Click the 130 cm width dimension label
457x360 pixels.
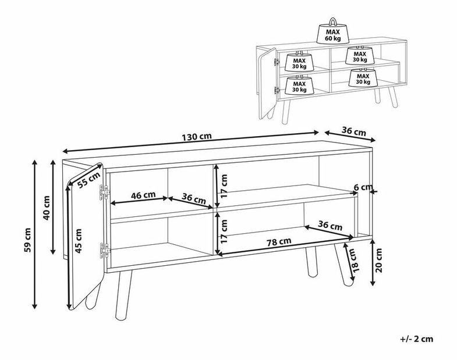click(x=197, y=137)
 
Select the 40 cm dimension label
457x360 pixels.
click(x=47, y=208)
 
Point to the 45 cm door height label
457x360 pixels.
click(x=78, y=241)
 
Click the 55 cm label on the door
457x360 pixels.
click(x=89, y=181)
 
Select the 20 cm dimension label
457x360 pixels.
click(x=378, y=260)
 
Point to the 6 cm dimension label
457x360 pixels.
click(x=363, y=187)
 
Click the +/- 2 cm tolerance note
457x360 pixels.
click(x=417, y=338)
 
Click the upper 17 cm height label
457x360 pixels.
click(x=224, y=186)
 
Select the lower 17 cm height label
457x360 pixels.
click(x=224, y=231)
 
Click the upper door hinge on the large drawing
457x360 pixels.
click(x=104, y=193)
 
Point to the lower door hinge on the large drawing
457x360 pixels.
click(x=105, y=251)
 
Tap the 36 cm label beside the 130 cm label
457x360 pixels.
click(x=353, y=131)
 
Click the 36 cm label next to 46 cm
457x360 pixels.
click(x=194, y=199)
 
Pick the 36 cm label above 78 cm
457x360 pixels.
click(x=330, y=225)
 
